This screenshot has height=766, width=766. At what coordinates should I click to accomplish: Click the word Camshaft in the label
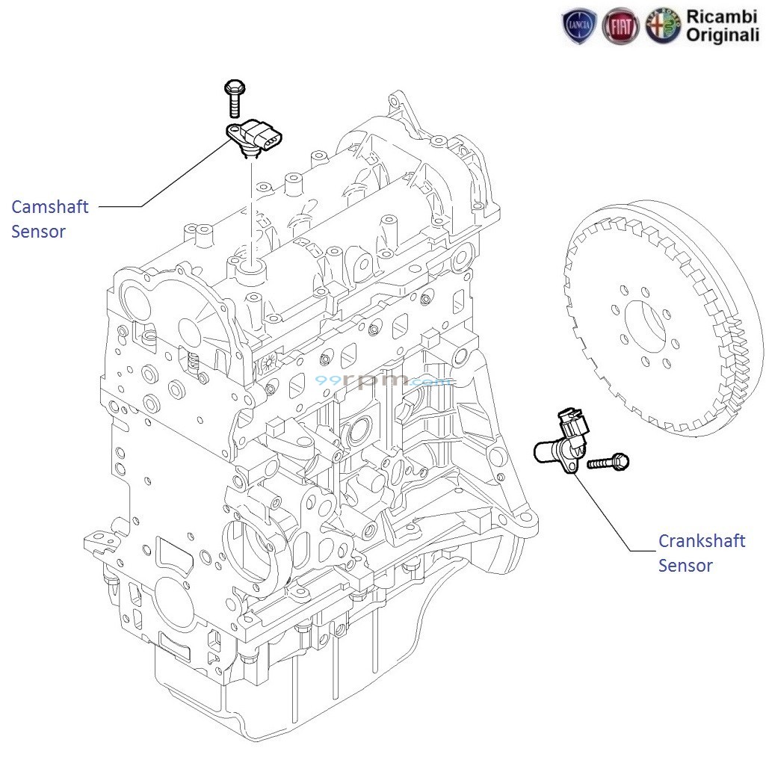click(50, 207)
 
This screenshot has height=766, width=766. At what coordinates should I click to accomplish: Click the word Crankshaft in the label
click(702, 540)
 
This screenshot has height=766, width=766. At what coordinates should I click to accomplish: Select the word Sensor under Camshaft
click(38, 232)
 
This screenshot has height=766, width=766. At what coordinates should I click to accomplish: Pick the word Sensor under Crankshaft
click(685, 565)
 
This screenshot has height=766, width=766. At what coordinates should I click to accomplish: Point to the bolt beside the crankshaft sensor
click(610, 463)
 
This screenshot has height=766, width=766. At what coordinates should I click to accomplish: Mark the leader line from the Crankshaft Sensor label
click(609, 516)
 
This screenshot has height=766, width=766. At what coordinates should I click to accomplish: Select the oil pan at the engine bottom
click(314, 695)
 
